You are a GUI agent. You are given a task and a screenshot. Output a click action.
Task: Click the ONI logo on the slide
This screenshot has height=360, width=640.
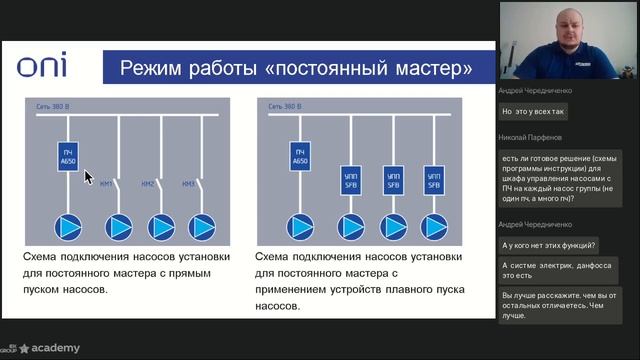point(42,68)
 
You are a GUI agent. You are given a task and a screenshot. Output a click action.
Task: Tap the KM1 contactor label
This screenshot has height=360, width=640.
point(109,184)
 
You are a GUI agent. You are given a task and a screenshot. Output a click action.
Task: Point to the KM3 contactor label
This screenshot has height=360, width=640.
point(188,184)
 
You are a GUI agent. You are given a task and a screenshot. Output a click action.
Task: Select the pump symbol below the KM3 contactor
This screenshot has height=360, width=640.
point(202,227)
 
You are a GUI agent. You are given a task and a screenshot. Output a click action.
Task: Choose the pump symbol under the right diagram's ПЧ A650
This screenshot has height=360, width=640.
point(300,227)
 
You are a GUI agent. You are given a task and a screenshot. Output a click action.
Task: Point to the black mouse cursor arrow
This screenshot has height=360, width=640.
point(88,177)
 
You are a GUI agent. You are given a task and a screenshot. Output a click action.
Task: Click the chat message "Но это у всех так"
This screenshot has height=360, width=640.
point(534,111)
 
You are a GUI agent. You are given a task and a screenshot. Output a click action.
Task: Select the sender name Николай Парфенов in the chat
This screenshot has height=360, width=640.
point(531,137)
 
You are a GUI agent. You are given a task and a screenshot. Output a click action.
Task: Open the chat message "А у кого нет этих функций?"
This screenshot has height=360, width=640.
point(549,245)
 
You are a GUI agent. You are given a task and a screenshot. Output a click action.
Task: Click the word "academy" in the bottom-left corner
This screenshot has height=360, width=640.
point(55,348)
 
